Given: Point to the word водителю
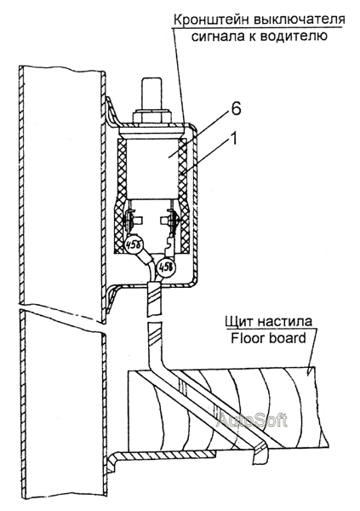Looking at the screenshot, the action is pos(294,36).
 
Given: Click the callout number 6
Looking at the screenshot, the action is pos(237,109).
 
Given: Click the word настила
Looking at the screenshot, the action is pos(284,321).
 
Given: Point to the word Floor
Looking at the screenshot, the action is pos(247,338).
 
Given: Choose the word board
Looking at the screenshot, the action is pos(286,338).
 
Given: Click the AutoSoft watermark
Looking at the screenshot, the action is pos(252,421).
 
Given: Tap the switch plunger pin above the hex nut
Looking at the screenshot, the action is pos(151,94).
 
